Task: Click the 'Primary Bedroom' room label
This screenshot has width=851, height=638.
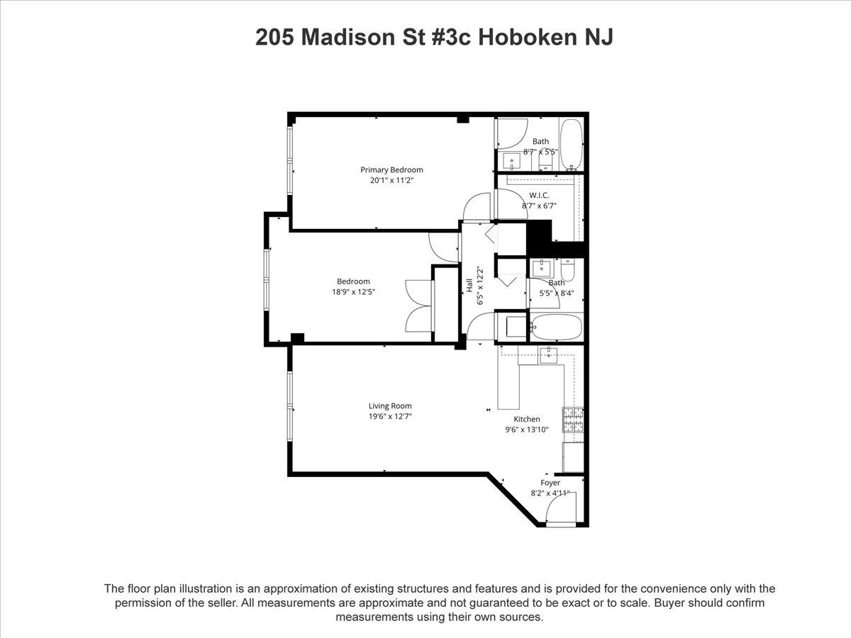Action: (391, 169)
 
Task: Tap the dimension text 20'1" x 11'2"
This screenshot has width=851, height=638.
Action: (391, 180)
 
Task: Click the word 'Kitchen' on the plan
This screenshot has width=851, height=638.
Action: (527, 419)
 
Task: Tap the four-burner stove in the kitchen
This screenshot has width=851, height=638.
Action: (573, 420)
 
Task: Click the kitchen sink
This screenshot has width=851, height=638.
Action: (548, 356)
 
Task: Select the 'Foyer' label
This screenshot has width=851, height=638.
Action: (550, 483)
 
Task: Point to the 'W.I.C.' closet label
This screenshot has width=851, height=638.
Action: (539, 196)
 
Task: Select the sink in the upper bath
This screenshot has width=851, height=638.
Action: (512, 161)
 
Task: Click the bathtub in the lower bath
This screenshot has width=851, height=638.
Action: (556, 328)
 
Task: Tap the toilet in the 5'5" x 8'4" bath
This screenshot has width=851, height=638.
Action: (569, 270)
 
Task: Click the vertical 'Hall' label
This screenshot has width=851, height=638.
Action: (469, 285)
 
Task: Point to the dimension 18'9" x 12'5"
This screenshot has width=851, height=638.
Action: (353, 291)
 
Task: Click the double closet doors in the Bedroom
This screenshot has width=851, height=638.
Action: (418, 306)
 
